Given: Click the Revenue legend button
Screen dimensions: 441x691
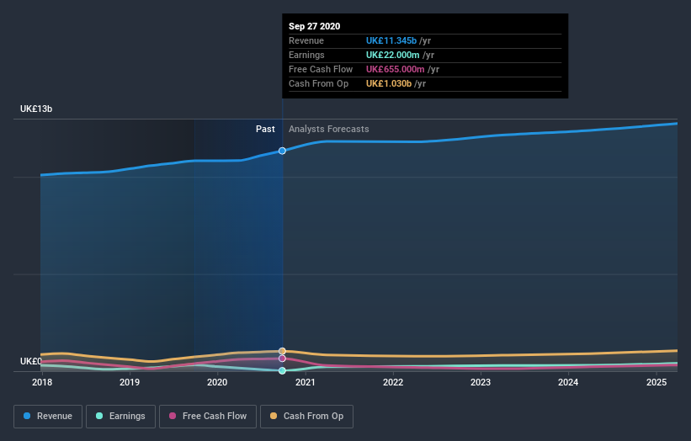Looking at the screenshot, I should pos(47,416).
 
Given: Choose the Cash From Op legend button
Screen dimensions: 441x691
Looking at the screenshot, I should pos(306,416).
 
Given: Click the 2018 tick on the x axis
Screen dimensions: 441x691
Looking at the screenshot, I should pos(41,382).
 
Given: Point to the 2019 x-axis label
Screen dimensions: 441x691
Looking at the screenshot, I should pos(130,382).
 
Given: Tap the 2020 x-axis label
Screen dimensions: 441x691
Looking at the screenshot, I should pos(217,382).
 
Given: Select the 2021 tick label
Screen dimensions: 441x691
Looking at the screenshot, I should pos(305,382).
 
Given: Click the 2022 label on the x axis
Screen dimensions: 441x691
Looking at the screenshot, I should pos(393,382).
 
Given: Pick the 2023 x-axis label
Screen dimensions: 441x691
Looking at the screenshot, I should pos(481,382).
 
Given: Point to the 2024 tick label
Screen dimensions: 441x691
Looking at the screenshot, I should pos(568,382).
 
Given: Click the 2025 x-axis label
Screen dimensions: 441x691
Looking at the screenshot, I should pos(656,382).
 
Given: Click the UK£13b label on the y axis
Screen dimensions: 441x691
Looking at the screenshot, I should pos(38,109).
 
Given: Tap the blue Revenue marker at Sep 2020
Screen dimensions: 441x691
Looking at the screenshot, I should pos(282,151).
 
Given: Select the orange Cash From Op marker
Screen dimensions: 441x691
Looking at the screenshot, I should pos(282,351).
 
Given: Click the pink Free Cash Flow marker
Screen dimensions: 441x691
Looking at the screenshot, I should pos(282,359).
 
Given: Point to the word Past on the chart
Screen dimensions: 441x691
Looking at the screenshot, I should pos(265,130).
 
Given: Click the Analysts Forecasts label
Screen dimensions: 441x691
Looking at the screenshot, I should pos(328,130).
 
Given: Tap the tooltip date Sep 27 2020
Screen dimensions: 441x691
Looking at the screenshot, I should pos(315,26).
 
